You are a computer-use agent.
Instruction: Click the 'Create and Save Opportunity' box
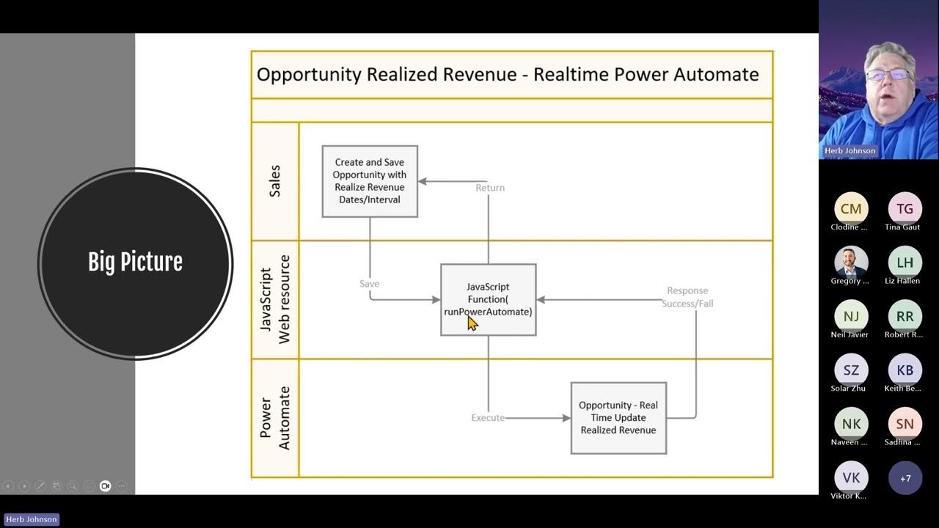(370, 181)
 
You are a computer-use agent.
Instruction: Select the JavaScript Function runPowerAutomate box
(488, 299)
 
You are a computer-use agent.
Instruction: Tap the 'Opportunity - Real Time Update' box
(618, 417)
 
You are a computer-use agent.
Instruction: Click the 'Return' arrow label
(489, 188)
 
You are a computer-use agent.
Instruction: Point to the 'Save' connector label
(369, 284)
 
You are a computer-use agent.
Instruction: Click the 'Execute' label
(488, 417)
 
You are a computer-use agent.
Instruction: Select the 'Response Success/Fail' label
(687, 297)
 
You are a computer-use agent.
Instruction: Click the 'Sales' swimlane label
(275, 181)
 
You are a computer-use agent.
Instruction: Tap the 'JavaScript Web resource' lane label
(275, 299)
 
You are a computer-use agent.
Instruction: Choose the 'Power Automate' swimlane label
(275, 417)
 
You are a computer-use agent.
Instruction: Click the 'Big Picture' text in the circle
(135, 262)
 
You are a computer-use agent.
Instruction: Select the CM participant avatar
(851, 208)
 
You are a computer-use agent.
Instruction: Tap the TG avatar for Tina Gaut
(905, 208)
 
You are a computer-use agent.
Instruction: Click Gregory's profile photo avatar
(851, 262)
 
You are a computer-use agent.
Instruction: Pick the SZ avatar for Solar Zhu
(851, 370)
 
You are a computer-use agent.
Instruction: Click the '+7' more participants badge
(905, 478)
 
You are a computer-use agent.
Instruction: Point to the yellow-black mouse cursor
(472, 323)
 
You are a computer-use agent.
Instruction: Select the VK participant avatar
(851, 478)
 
